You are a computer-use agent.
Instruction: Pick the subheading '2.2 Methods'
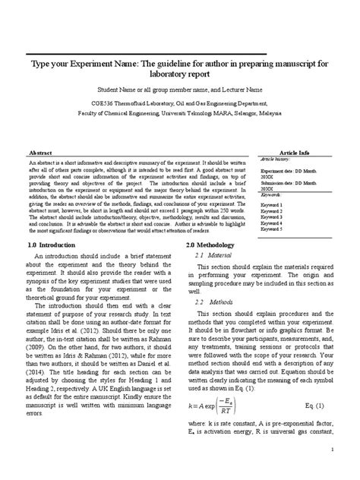click(x=213, y=302)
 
